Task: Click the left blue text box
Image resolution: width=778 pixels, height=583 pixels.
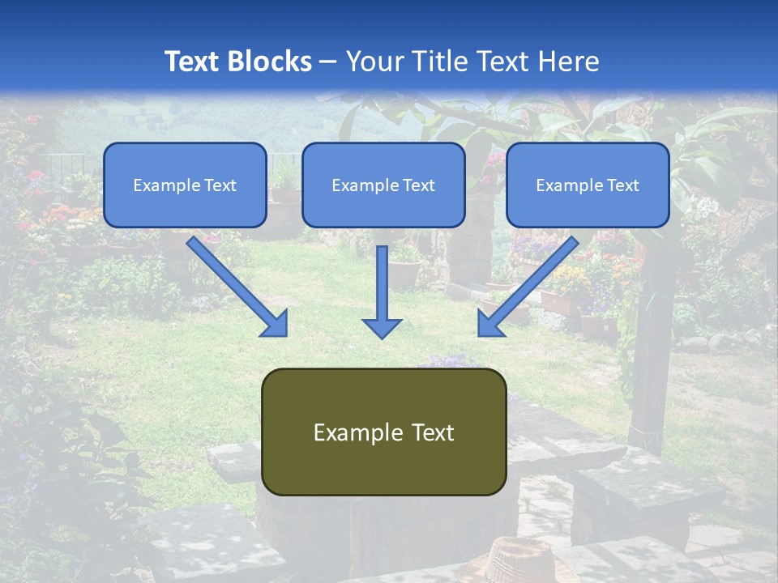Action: pyautogui.click(x=185, y=185)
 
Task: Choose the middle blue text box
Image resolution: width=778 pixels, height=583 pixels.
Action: pyautogui.click(x=383, y=185)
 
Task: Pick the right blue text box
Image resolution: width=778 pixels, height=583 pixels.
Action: pyautogui.click(x=588, y=185)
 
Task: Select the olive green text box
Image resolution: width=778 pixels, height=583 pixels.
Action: pyautogui.click(x=384, y=432)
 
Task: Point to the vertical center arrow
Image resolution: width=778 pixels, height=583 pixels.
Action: pyautogui.click(x=382, y=291)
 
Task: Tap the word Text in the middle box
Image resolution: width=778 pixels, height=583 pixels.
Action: pyautogui.click(x=419, y=185)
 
